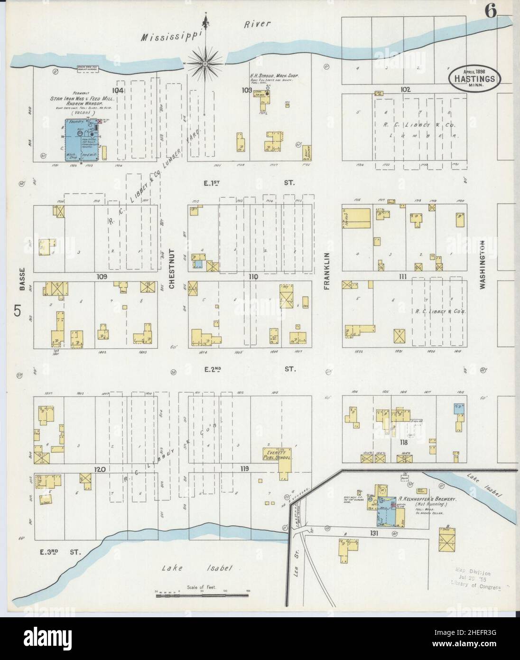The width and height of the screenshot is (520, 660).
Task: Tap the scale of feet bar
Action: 201,594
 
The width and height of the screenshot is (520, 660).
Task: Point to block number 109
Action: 102,276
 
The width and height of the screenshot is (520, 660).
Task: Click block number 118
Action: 404,443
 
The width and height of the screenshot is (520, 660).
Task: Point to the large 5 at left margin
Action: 18,311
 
